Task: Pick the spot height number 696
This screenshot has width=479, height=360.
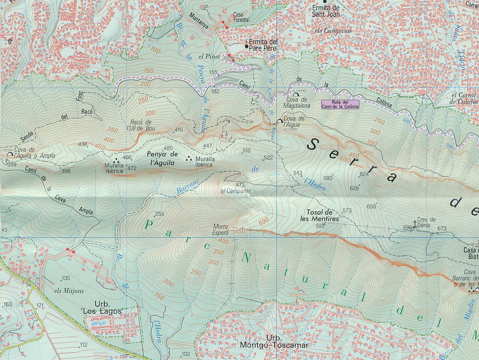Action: [408, 228]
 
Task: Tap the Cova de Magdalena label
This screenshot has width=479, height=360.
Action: [298, 103]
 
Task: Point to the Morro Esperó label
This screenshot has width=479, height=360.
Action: [220, 229]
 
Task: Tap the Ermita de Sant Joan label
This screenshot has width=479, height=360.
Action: [326, 11]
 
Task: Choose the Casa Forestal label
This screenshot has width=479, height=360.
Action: [241, 17]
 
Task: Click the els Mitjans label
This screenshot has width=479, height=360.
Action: [69, 291]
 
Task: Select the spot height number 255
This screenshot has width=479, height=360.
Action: [159, 214]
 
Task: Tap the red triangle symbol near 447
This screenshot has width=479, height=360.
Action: [222, 136]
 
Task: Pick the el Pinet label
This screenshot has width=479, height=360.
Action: [209, 57]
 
